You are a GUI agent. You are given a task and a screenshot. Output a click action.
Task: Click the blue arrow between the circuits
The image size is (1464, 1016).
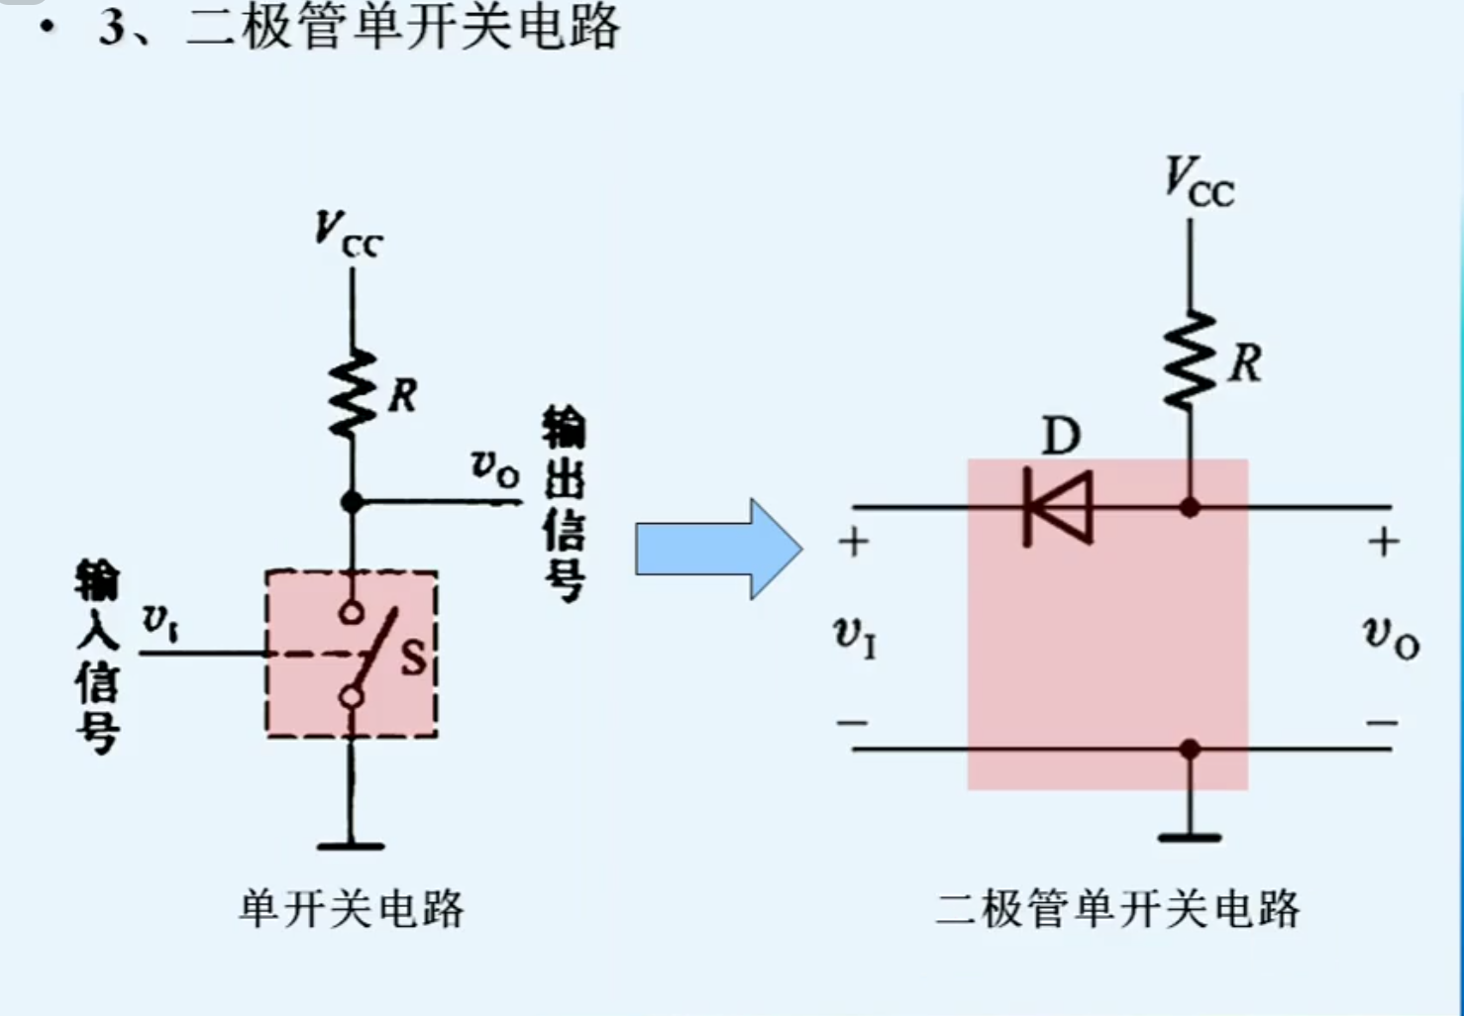(717, 550)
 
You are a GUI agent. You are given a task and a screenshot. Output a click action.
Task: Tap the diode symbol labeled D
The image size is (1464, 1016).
(1058, 508)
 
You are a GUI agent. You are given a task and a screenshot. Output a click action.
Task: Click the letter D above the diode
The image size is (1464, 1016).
(1061, 436)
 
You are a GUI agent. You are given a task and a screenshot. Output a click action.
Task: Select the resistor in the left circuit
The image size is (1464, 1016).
(352, 393)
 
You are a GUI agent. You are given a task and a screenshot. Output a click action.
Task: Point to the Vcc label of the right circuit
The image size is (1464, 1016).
(1199, 182)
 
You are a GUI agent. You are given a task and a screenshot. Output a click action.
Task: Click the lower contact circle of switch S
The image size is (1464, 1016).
(351, 698)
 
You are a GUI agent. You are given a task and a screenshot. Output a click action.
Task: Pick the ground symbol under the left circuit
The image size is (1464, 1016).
(351, 846)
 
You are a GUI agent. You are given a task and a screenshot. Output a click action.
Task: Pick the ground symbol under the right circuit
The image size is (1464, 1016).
(1190, 837)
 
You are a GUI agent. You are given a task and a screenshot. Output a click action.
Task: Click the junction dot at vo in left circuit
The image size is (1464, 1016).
(352, 502)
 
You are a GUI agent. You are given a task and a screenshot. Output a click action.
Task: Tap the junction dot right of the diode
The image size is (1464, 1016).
(1190, 508)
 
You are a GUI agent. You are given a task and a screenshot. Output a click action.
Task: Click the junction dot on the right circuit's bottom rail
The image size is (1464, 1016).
(1190, 750)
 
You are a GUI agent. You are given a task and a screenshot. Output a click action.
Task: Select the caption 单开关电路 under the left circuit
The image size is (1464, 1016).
(352, 908)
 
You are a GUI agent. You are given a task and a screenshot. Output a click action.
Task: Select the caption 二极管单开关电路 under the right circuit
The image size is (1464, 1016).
(1117, 908)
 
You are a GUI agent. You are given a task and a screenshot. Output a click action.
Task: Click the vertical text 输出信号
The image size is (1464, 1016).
(564, 505)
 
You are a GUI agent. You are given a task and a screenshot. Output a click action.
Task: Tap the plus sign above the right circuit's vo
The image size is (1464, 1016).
(1384, 542)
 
